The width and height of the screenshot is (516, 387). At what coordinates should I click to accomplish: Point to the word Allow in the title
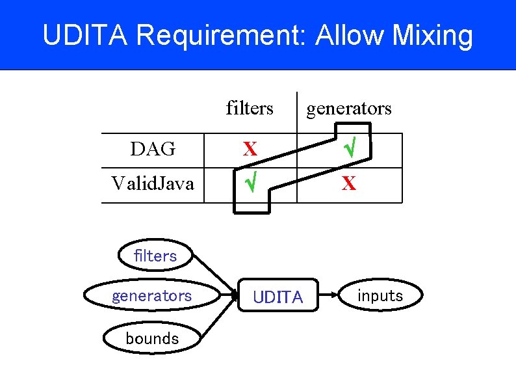349,36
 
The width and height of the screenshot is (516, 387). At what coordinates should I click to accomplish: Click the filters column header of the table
250,108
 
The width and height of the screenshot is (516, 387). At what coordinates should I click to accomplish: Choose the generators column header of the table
349,108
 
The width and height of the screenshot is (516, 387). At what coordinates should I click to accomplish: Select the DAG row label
153,150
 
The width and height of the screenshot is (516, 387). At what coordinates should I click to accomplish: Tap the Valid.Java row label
153,184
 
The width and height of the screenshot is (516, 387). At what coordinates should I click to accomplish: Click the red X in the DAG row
250,150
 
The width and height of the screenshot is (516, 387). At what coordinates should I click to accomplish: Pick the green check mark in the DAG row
349,150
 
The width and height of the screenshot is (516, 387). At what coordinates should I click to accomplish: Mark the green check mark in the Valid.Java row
250,185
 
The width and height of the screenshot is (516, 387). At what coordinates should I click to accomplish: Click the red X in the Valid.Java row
349,185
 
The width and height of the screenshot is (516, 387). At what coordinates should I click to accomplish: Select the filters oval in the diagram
155,256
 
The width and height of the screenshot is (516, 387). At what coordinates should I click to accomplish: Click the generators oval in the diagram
151,296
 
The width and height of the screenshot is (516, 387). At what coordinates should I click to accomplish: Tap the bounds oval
152,338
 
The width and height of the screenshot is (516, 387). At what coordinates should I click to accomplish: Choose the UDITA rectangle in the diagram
277,297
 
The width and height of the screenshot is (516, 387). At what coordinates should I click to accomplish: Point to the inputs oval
380,296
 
